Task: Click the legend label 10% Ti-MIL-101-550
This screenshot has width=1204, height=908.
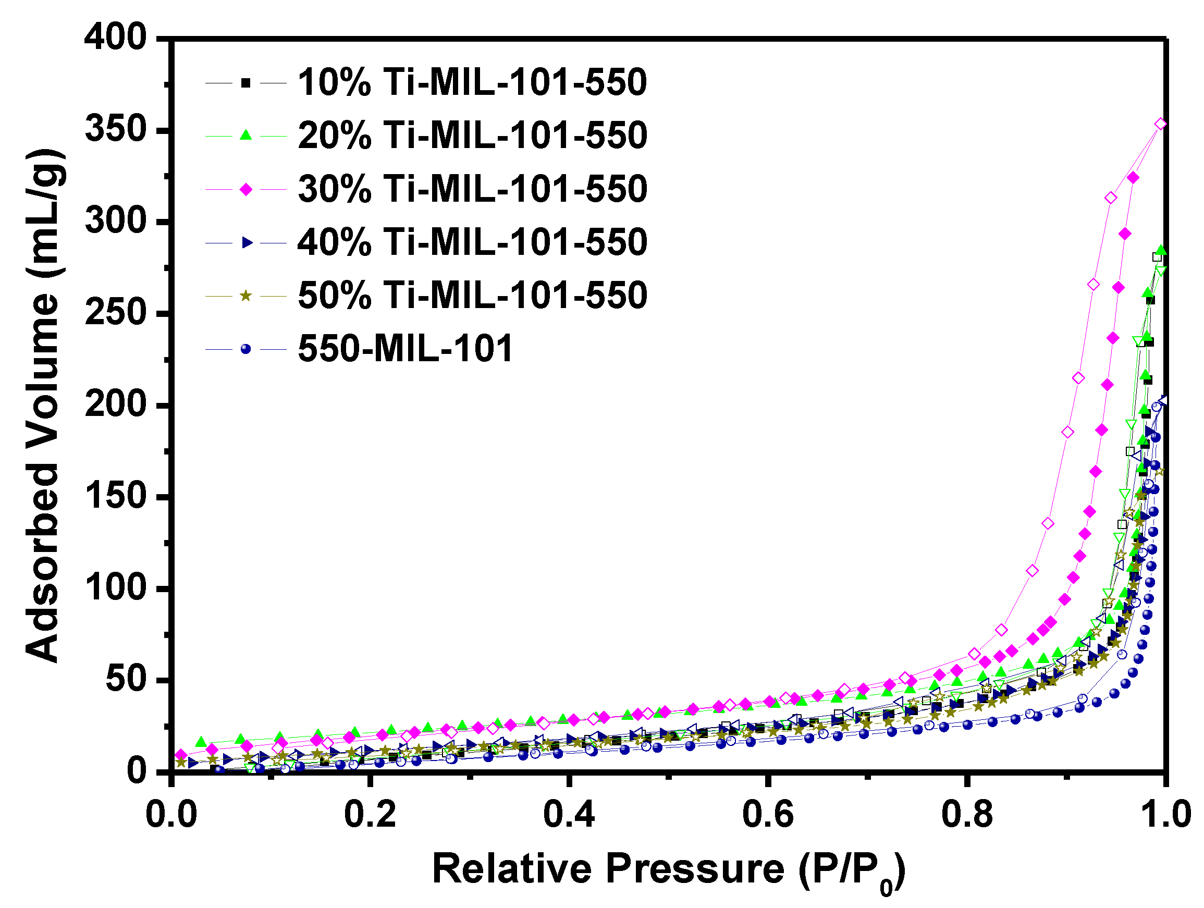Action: (x=472, y=83)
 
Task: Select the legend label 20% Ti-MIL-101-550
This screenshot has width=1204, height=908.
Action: (x=472, y=136)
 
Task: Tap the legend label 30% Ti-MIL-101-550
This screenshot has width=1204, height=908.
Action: (x=472, y=189)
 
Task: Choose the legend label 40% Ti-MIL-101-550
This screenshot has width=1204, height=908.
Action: (x=472, y=242)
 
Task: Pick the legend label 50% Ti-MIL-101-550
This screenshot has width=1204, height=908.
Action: (x=472, y=296)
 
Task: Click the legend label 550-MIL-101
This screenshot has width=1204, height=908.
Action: (x=406, y=348)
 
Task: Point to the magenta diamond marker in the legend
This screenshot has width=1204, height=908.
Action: (x=246, y=189)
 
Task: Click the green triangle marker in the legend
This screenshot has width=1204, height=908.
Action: (x=246, y=135)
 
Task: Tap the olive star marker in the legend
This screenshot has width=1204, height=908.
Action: (x=246, y=296)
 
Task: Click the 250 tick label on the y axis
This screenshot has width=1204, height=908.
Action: (x=116, y=313)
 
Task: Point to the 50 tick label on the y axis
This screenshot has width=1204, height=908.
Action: (x=126, y=680)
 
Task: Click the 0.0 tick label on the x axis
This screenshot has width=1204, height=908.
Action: (x=171, y=815)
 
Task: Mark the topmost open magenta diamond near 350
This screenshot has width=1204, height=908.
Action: (x=1160, y=124)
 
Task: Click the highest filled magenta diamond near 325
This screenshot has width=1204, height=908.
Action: (x=1133, y=178)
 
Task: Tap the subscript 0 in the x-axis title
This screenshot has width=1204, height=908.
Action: (x=886, y=888)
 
